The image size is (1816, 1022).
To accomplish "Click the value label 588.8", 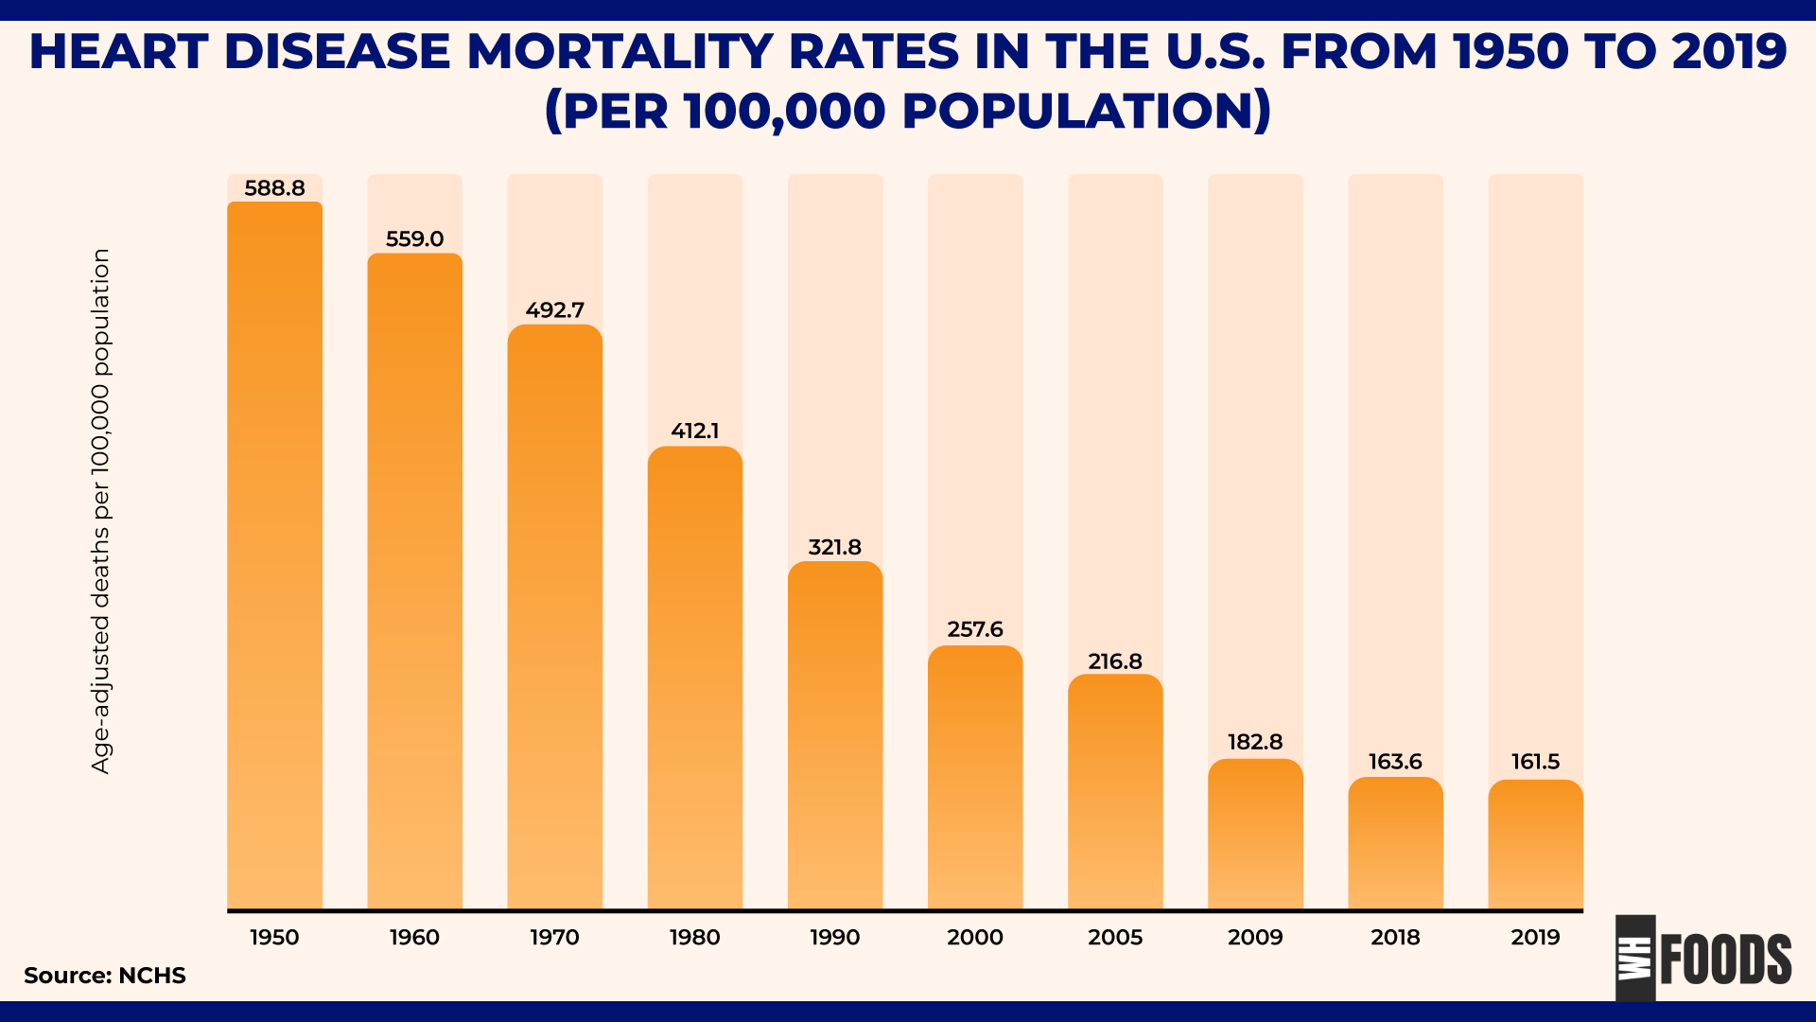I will tap(274, 188).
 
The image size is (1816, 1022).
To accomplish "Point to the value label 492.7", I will tap(555, 310).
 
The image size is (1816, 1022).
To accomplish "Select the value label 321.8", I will tap(834, 547).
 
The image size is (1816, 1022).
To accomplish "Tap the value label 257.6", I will tap(975, 629).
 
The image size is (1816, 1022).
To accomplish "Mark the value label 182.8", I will tap(1255, 742).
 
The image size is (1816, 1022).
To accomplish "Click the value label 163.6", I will tap(1395, 762).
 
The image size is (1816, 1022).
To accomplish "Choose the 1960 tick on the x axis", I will tap(414, 937).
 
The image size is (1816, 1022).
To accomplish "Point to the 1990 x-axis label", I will tap(834, 937).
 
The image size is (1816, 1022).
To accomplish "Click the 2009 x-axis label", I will tap(1255, 937).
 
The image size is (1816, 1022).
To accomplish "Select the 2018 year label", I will tap(1395, 937).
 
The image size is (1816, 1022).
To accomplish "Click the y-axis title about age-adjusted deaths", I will tap(101, 511).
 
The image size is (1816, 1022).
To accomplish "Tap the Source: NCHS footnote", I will tap(105, 976).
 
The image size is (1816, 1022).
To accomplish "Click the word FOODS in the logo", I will tap(1725, 960).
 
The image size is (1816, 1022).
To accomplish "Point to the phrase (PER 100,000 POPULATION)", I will tap(908, 111).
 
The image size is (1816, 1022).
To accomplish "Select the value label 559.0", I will tap(414, 239).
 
